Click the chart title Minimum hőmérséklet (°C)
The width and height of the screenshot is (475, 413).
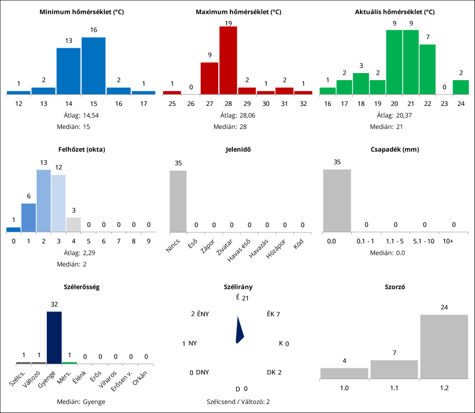(x=82, y=12)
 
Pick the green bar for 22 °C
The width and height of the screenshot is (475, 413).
(x=427, y=69)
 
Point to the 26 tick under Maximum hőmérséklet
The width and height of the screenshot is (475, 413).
(x=190, y=103)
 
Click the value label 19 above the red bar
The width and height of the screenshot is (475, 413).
(x=228, y=23)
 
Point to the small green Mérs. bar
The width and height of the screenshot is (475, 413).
(x=69, y=363)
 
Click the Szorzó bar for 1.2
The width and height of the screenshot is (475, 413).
(x=444, y=347)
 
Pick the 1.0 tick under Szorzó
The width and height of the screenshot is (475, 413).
(x=344, y=387)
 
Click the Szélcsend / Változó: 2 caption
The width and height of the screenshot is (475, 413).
(x=238, y=402)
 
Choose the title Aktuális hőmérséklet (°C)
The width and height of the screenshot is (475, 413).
(x=395, y=12)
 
